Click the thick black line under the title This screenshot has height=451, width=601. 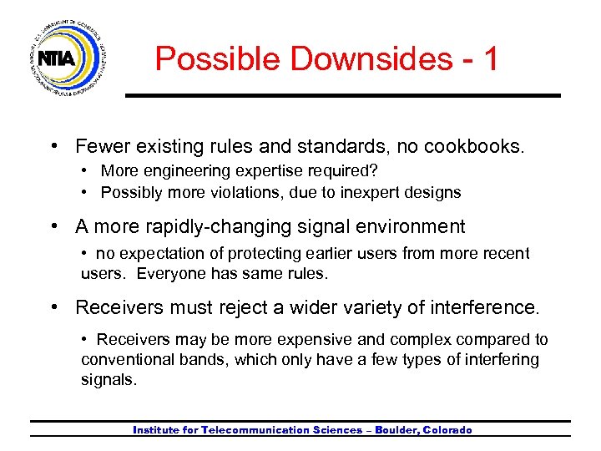342,96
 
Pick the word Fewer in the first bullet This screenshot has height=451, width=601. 99,147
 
